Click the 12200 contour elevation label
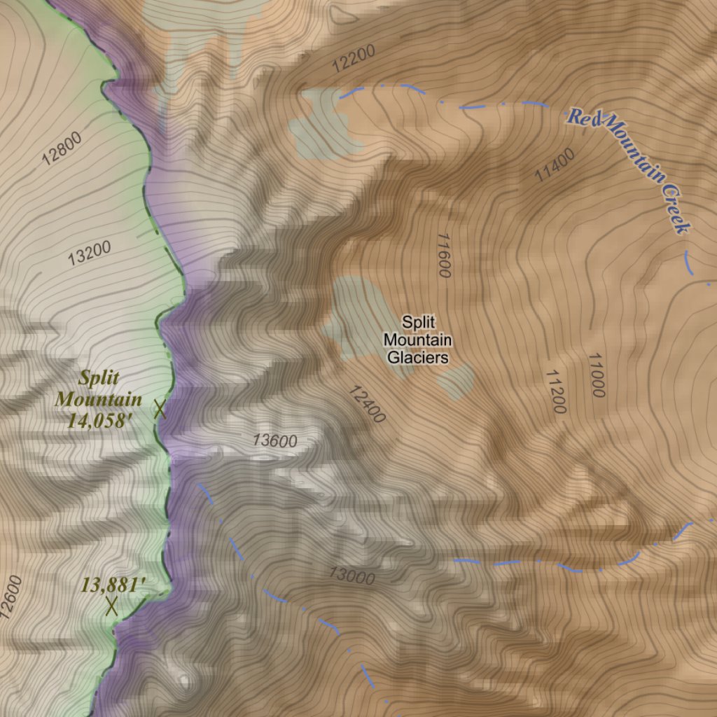point(354,59)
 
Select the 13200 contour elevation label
point(90,253)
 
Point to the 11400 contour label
point(555,165)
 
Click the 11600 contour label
point(443,256)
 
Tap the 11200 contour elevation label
point(555,391)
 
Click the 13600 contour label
point(275,441)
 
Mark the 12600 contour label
point(12,597)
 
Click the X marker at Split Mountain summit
point(160,409)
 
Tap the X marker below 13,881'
point(111,606)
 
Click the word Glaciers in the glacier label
point(418,358)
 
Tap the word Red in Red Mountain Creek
point(582,117)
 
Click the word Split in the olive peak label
point(99,379)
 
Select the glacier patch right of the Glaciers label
point(457,380)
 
